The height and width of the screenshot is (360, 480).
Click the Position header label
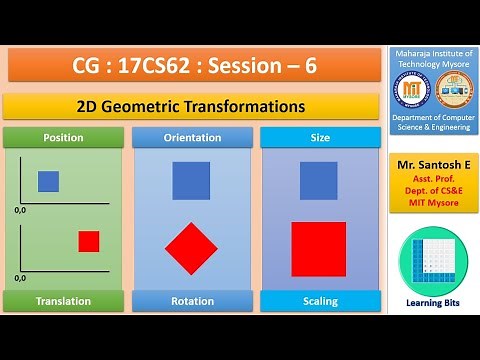click(63, 137)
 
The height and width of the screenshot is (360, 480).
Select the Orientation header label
click(192, 137)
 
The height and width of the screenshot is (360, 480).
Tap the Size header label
click(319, 137)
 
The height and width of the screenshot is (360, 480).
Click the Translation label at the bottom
click(63, 301)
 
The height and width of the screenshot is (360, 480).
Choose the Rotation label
click(192, 301)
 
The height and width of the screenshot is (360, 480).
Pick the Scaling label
click(319, 301)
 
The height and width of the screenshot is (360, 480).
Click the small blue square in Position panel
click(48, 181)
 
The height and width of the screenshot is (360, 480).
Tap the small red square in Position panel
click(89, 241)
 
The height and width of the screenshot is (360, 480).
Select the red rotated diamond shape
click(192, 248)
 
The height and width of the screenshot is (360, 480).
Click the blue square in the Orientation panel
click(191, 181)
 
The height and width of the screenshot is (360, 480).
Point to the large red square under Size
click(319, 249)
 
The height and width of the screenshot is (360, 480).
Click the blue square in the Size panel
click(319, 181)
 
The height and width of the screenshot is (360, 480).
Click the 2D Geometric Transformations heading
click(190, 106)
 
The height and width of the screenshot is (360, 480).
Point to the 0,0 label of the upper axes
click(20, 212)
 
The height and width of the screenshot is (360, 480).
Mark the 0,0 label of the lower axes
click(20, 277)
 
